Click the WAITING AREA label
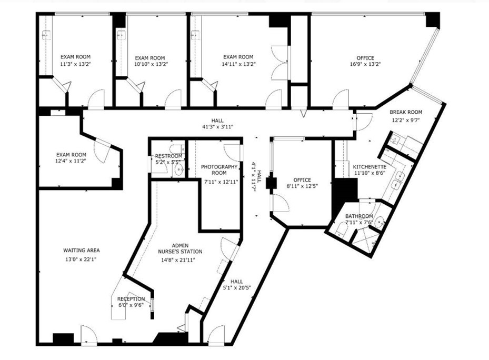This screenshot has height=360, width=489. pyautogui.click(x=82, y=251)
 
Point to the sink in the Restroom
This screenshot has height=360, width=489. pyautogui.click(x=179, y=169)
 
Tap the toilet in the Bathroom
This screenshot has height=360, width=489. pyautogui.click(x=341, y=229)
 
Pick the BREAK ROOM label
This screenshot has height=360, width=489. pyautogui.click(x=406, y=112)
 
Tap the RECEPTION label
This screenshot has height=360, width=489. pyautogui.click(x=131, y=299)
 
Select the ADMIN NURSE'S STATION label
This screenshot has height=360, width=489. pyautogui.click(x=180, y=248)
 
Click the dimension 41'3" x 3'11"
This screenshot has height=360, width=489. pyautogui.click(x=217, y=127)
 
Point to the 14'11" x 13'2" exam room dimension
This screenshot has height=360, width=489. pyautogui.click(x=238, y=64)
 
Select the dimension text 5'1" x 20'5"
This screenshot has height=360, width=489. pyautogui.click(x=236, y=288)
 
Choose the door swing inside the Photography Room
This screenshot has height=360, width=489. pyautogui.click(x=233, y=152)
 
